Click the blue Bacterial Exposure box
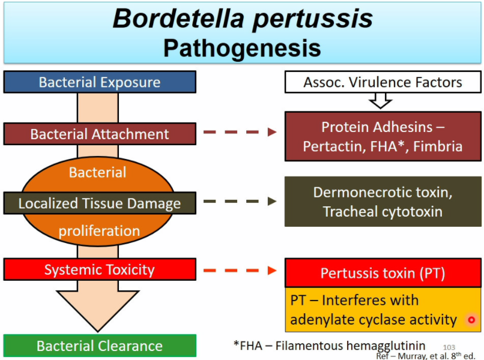click(x=99, y=82)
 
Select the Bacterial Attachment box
click(x=99, y=134)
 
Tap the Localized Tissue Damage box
click(x=99, y=203)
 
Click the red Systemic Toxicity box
click(x=99, y=269)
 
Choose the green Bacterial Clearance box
click(x=99, y=346)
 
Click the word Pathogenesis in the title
click(x=242, y=47)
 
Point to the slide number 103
click(x=449, y=347)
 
